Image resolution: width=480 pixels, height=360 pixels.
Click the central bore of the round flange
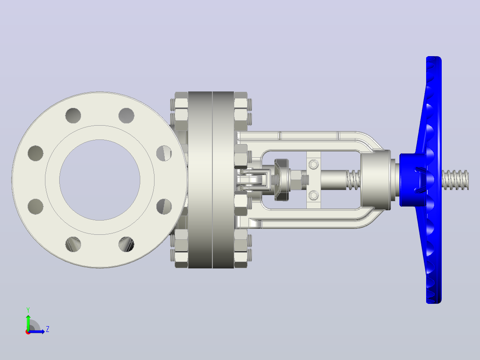point(100,180)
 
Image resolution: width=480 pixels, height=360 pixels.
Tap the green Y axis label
point(28,310)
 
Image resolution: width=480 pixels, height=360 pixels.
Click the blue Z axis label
point(48,329)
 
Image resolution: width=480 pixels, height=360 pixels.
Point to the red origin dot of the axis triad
point(28,332)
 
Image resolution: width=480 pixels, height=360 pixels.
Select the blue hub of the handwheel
point(412,180)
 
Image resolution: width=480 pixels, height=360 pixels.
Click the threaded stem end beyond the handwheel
point(455,180)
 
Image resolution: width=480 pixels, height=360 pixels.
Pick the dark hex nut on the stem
point(281,180)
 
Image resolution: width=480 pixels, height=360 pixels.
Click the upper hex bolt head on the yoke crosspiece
point(313,164)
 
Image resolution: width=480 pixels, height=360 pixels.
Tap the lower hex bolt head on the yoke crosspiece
point(313,195)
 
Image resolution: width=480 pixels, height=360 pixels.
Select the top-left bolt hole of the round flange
point(73,115)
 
